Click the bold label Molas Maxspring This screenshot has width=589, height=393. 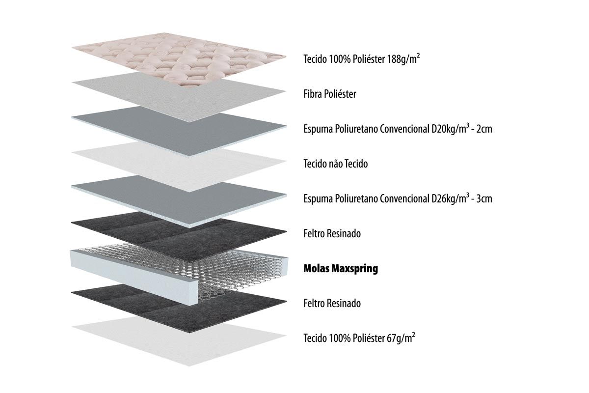[x=341, y=269]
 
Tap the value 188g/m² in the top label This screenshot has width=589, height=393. [x=403, y=59]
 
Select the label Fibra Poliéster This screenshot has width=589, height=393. [x=330, y=94]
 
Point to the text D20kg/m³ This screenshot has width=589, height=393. [x=450, y=129]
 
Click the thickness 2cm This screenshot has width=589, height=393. [x=484, y=129]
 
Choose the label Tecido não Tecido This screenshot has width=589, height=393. [x=336, y=164]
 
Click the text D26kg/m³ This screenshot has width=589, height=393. [x=450, y=199]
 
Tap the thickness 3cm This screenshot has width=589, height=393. [x=484, y=199]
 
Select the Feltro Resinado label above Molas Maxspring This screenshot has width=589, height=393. [x=332, y=233]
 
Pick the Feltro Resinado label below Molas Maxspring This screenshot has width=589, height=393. [x=332, y=303]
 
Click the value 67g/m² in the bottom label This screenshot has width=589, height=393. [x=401, y=338]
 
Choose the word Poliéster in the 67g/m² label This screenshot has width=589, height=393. [x=369, y=338]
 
